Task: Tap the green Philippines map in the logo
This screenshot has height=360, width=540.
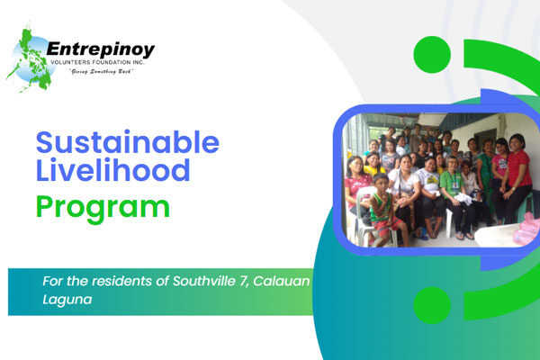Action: click(x=29, y=58)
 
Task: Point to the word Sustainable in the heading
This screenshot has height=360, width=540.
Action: click(x=128, y=142)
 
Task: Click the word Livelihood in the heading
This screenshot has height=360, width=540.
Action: click(x=114, y=169)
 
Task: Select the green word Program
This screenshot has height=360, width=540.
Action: click(x=102, y=206)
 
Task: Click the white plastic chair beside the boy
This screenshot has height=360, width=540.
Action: click(x=363, y=221)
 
